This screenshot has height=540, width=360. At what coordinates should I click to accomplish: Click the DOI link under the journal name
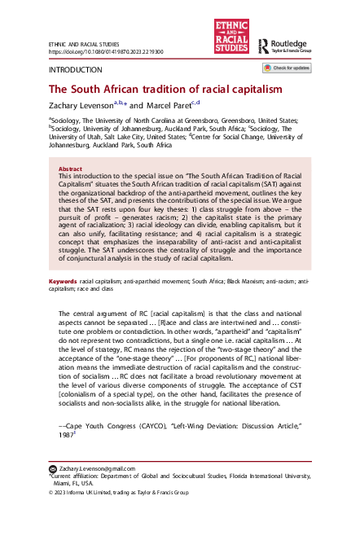pyautogui.click(x=107, y=50)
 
